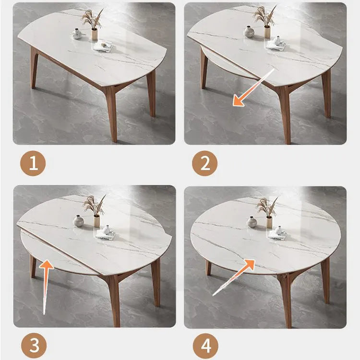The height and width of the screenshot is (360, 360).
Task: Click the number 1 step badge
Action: tap(33, 163)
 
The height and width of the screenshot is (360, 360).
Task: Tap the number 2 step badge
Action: tap(204, 163)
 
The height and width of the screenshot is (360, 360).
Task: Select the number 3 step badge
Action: tap(34, 345)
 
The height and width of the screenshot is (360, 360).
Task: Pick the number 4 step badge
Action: tap(205, 346)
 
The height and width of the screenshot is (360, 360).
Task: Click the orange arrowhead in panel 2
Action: tap(239, 100)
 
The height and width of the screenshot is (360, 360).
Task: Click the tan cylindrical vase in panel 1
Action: tap(95, 35)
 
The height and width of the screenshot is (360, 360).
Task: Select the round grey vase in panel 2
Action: tap(249, 32)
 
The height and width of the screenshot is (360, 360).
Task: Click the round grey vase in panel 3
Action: tap(78, 221)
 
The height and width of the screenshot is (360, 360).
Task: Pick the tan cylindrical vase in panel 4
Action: tap(269, 222)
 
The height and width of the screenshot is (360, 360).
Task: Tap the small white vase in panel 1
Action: tap(76, 34)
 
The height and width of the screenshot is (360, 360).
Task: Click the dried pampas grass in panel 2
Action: tap(264, 16)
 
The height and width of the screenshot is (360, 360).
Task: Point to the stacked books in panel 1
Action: tap(102, 46)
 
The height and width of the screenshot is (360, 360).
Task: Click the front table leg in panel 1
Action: tap(111, 112)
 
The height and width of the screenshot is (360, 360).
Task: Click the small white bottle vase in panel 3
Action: tap(106, 229)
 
